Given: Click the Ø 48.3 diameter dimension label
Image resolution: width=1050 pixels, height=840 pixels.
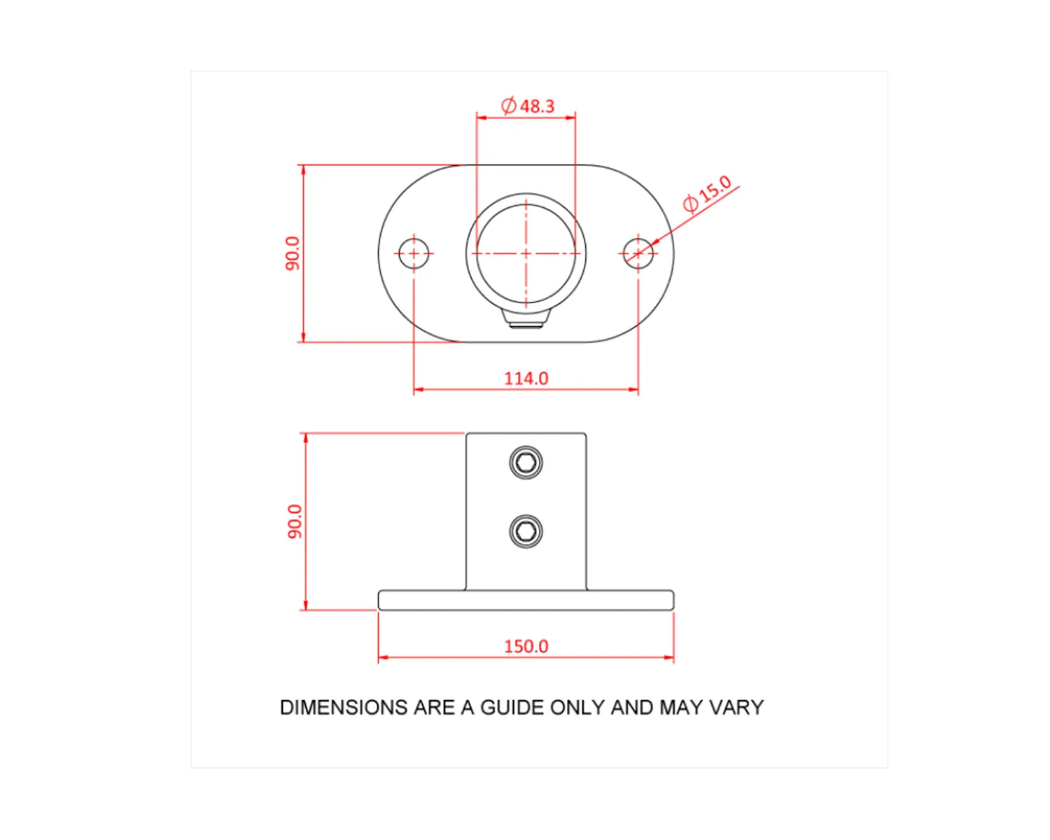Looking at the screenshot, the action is click(x=527, y=106).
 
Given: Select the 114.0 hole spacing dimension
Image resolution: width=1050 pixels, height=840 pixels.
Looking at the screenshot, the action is click(x=526, y=378).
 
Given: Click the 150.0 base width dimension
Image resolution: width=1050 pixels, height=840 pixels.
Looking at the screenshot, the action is click(x=526, y=646).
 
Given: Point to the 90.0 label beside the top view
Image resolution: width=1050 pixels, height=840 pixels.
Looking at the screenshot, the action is click(x=293, y=253).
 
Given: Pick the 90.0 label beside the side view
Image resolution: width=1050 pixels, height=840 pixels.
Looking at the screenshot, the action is click(x=295, y=521).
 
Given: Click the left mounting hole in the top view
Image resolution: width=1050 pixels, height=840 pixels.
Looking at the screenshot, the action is click(x=414, y=253).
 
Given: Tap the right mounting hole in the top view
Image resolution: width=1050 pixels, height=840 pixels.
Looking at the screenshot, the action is click(x=638, y=253).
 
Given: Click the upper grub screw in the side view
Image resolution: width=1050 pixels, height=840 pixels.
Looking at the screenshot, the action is click(x=526, y=462).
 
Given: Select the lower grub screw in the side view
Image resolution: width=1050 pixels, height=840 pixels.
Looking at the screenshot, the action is click(x=526, y=531).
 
